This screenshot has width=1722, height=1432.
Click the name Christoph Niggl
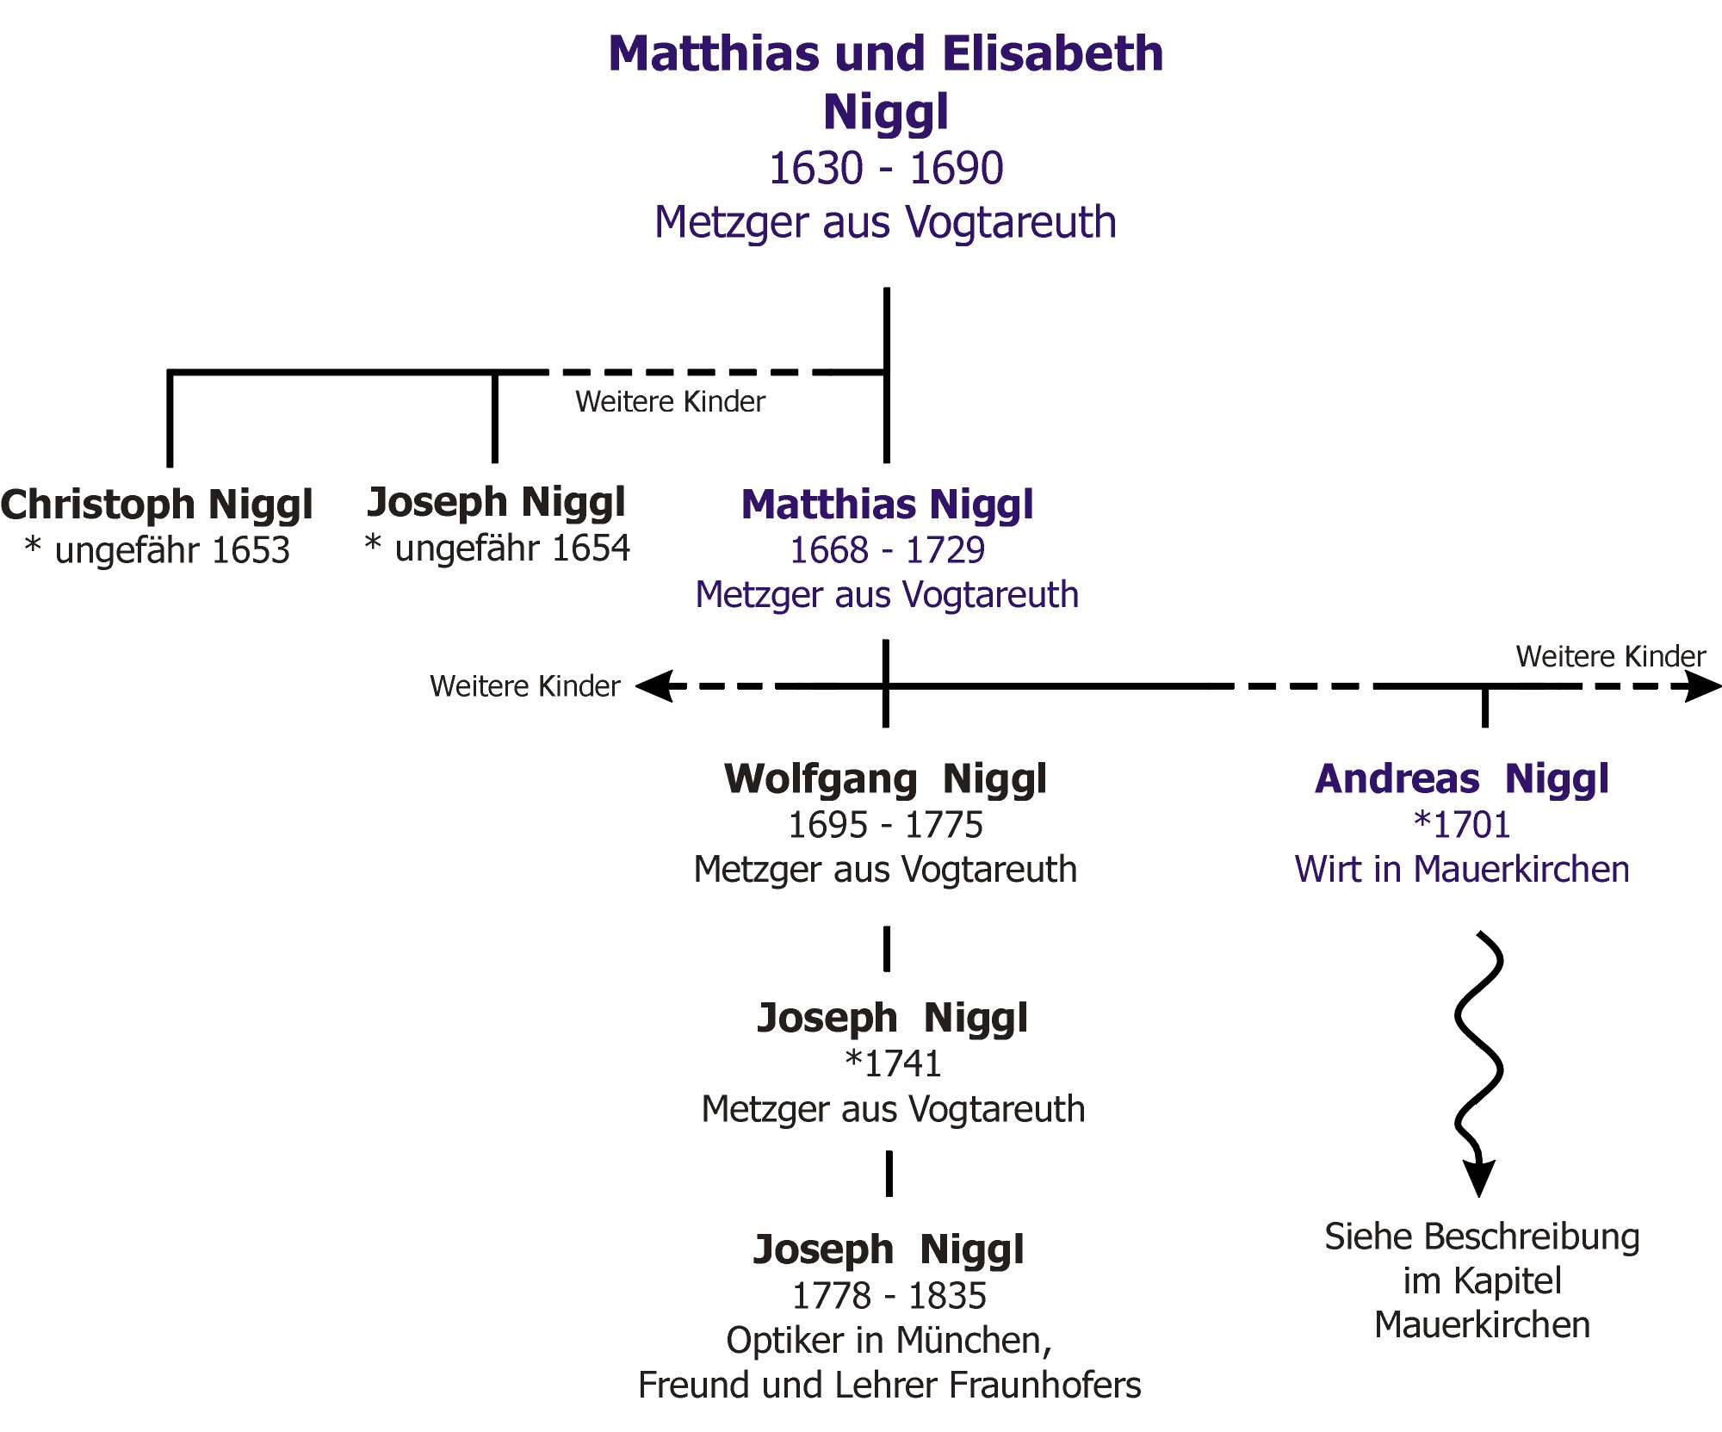(157, 505)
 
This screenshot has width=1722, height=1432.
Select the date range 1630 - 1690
(886, 168)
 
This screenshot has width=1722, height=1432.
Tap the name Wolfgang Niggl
(885, 778)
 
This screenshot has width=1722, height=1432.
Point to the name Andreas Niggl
(1461, 778)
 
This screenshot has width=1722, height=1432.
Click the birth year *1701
(1462, 825)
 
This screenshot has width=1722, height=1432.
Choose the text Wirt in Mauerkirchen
(1462, 870)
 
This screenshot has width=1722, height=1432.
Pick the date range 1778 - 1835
(889, 1296)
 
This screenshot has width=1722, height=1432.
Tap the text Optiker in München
(888, 1341)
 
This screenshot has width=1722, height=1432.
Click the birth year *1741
(893, 1064)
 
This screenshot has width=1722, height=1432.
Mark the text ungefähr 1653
(171, 550)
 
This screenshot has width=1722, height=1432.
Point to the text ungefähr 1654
(511, 549)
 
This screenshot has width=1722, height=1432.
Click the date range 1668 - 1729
(887, 550)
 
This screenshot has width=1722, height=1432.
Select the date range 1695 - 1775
(885, 825)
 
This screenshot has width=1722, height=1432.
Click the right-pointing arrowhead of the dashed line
(1702, 686)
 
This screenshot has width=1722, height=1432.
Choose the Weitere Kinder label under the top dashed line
(670, 402)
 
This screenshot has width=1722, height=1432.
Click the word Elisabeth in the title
(1053, 54)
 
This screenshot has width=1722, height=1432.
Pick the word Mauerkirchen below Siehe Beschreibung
(1482, 1325)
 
